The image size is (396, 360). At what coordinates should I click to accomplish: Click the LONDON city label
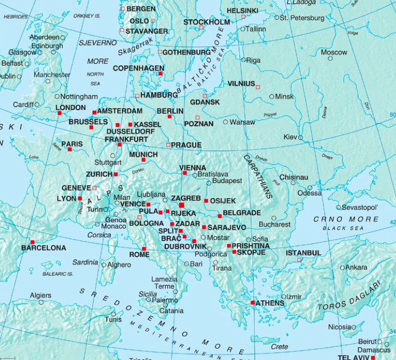[71, 108]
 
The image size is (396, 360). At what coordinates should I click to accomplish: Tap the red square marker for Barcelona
[32, 242]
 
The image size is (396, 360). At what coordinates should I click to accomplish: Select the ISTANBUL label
[303, 252]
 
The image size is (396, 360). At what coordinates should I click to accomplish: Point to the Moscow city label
[334, 52]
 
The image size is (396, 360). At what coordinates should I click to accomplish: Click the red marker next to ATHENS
[253, 303]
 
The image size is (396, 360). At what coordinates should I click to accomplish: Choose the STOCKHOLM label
[207, 22]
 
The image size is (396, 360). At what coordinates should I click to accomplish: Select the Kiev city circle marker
[301, 137]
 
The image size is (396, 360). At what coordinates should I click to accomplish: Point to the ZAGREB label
[186, 198]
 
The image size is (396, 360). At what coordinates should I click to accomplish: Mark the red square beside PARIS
[69, 149]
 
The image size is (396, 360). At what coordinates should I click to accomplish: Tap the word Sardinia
[85, 262]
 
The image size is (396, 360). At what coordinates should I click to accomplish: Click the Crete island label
[280, 346]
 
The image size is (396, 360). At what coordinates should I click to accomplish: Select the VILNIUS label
[241, 84]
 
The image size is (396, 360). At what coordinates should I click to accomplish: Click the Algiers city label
[41, 295]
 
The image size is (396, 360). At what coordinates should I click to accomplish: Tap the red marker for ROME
[144, 249]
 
